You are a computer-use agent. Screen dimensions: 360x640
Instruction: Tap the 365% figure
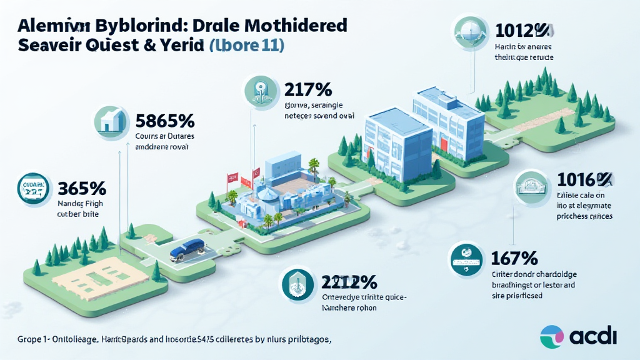[x=81, y=188]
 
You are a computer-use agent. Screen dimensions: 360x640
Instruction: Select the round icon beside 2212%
[x=297, y=284]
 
